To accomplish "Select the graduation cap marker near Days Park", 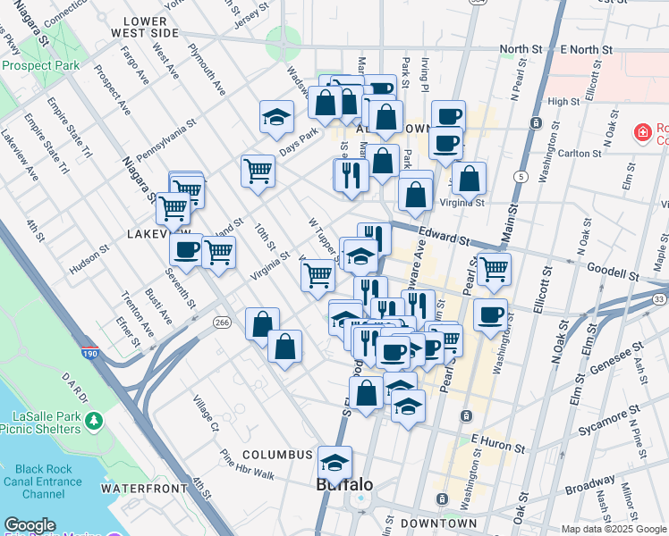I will pyautogui.click(x=277, y=117).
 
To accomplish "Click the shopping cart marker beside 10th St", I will pyautogui.click(x=258, y=169).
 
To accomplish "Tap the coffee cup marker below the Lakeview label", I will pyautogui.click(x=186, y=250).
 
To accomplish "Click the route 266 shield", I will pyautogui.click(x=222, y=321).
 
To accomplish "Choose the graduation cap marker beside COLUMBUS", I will pyautogui.click(x=334, y=463).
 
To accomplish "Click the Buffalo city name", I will pyautogui.click(x=344, y=485).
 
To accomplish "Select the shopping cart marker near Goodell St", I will pyautogui.click(x=493, y=268).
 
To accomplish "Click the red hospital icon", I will pyautogui.click(x=641, y=133).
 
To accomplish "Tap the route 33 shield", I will pyautogui.click(x=660, y=298).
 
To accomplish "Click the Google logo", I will pyautogui.click(x=30, y=525).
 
